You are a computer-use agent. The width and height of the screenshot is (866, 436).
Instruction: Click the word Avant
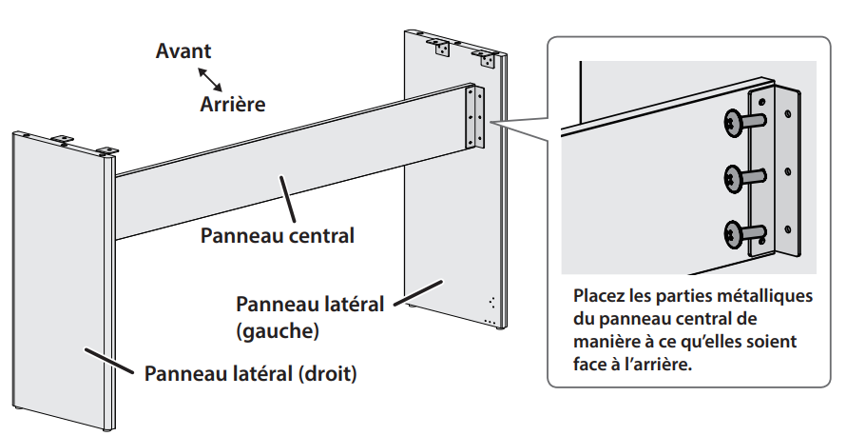tap(183, 50)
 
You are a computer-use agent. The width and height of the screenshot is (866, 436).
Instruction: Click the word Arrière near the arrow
tap(233, 102)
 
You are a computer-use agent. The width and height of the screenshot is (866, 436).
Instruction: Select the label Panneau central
tap(277, 234)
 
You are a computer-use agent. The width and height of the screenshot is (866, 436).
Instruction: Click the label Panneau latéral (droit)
tap(250, 373)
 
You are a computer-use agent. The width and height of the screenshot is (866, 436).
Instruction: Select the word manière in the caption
tap(609, 341)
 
